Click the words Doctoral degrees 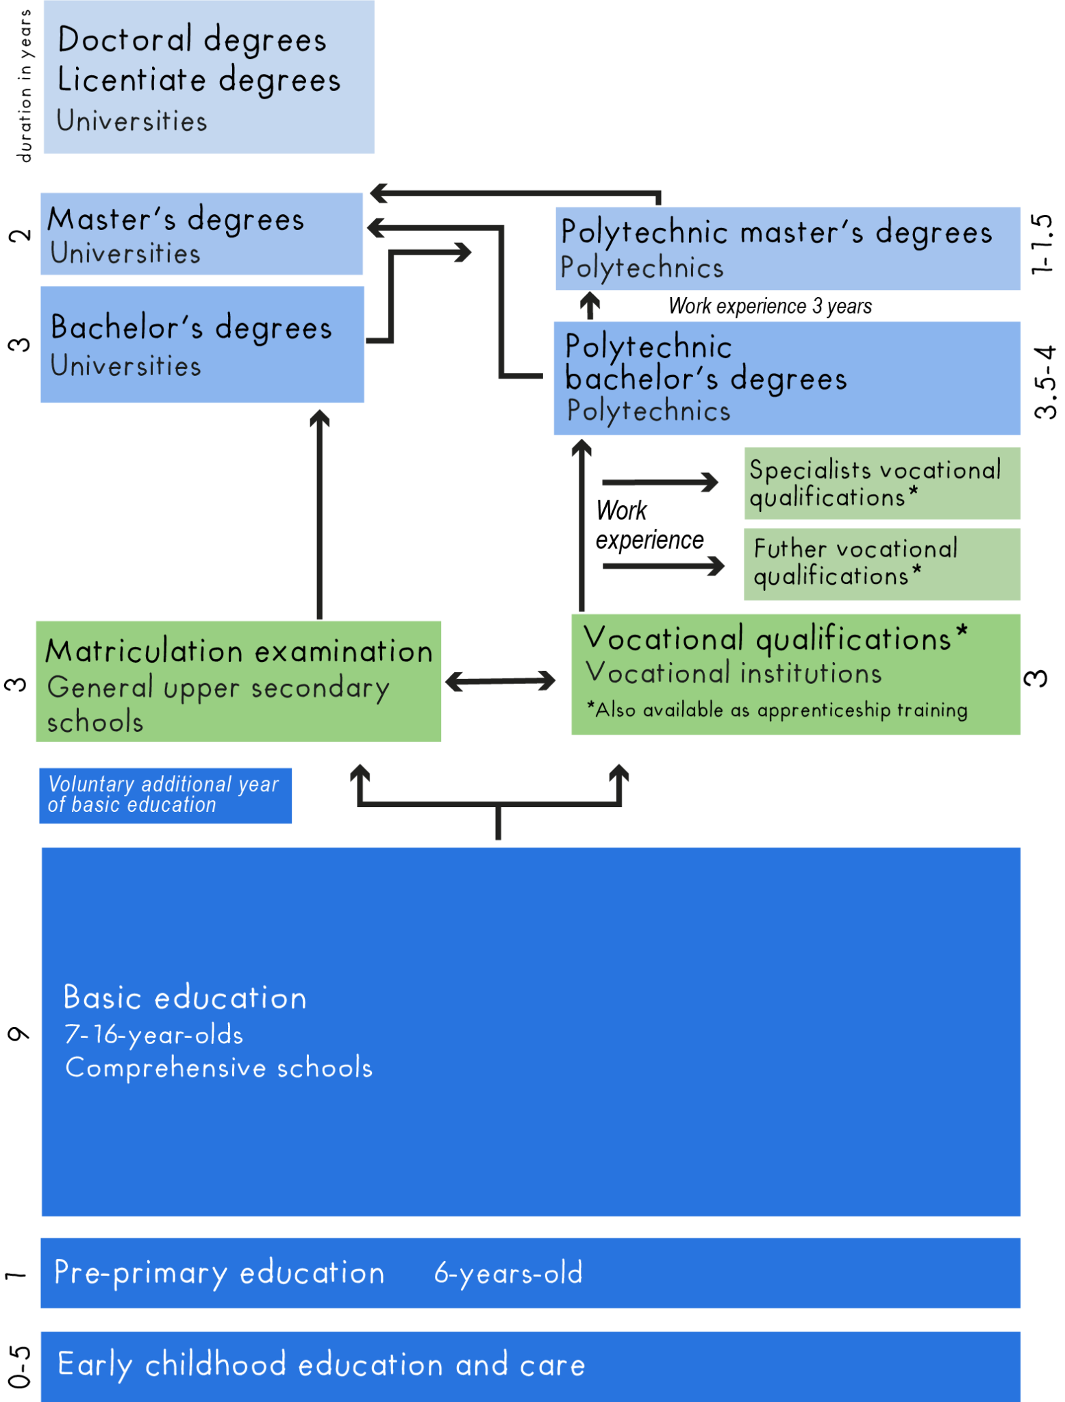(x=192, y=40)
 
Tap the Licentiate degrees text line (x=199, y=80)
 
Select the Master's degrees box (x=202, y=234)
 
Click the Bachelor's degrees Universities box (x=202, y=344)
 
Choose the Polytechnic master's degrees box (x=788, y=249)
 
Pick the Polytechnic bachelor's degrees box (x=788, y=379)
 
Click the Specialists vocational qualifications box (x=882, y=483)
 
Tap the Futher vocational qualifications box (x=882, y=564)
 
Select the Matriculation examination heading (x=239, y=650)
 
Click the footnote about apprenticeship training (x=777, y=710)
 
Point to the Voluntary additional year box (x=166, y=795)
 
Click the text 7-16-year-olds (x=154, y=1034)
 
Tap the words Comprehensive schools (x=219, y=1068)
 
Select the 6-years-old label (x=508, y=1273)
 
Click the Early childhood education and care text (x=322, y=1364)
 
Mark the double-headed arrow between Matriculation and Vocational (x=501, y=680)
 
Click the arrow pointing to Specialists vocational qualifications (x=660, y=483)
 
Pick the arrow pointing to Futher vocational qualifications (x=663, y=566)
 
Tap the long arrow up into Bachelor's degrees (x=319, y=513)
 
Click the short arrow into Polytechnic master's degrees (x=590, y=305)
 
